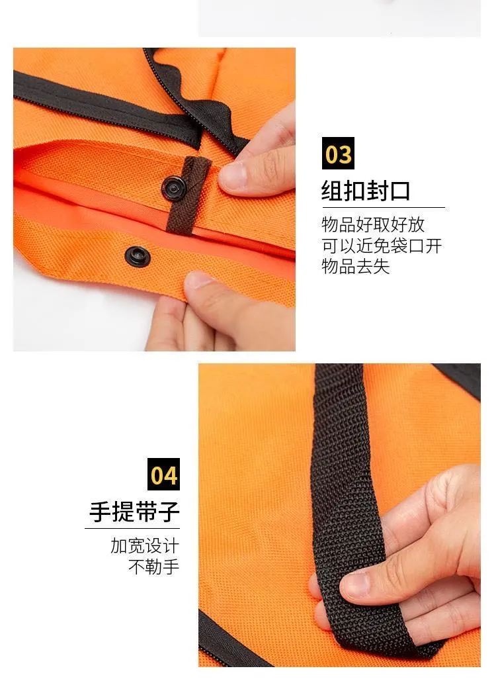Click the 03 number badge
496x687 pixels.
338,154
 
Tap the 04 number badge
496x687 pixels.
164,474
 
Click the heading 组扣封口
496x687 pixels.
366,191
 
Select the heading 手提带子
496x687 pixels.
134,512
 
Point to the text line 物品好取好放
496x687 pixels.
373,224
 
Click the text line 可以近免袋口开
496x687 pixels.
382,246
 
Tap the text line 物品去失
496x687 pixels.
356,266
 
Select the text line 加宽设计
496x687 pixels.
145,546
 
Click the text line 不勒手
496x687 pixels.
153,567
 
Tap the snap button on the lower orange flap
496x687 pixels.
138,256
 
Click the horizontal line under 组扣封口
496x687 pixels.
384,207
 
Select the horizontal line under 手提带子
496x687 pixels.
132,528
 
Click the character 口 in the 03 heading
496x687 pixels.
399,191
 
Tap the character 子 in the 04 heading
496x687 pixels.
169,512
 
